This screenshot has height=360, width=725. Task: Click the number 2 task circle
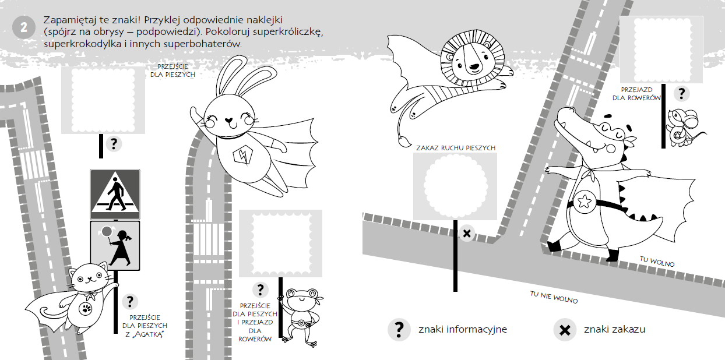[x=24, y=27]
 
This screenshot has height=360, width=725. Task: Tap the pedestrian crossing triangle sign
[x=115, y=195]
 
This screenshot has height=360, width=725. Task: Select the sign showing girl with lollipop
[x=115, y=245]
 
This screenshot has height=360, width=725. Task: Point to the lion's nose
[x=474, y=67]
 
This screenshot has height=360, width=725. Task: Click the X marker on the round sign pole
[x=467, y=233]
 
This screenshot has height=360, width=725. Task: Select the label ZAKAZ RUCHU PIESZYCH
[x=456, y=148]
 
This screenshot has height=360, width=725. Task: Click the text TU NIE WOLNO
[x=554, y=297]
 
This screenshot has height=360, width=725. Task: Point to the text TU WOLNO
[x=657, y=262]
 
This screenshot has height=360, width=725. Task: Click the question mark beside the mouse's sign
[x=682, y=94]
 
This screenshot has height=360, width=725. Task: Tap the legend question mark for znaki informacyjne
[x=399, y=329]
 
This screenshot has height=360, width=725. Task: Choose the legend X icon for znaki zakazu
[x=565, y=330]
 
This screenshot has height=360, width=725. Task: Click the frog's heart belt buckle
[x=301, y=323]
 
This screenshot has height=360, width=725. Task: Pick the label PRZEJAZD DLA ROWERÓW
[x=636, y=94]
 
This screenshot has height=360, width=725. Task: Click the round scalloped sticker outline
[x=455, y=186]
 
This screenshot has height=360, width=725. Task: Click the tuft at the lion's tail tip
[x=404, y=142]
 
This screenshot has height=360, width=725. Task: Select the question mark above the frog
[x=261, y=290]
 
